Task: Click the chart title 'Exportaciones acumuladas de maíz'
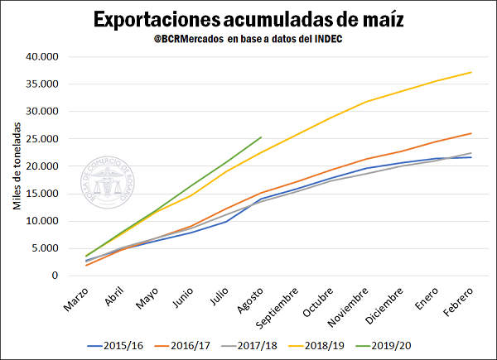pyautogui.click(x=249, y=19)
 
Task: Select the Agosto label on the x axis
pyautogui.click(x=249, y=301)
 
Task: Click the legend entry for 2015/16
pyautogui.click(x=125, y=346)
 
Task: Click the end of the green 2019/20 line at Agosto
pyautogui.click(x=261, y=137)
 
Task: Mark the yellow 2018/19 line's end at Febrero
pyautogui.click(x=471, y=72)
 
